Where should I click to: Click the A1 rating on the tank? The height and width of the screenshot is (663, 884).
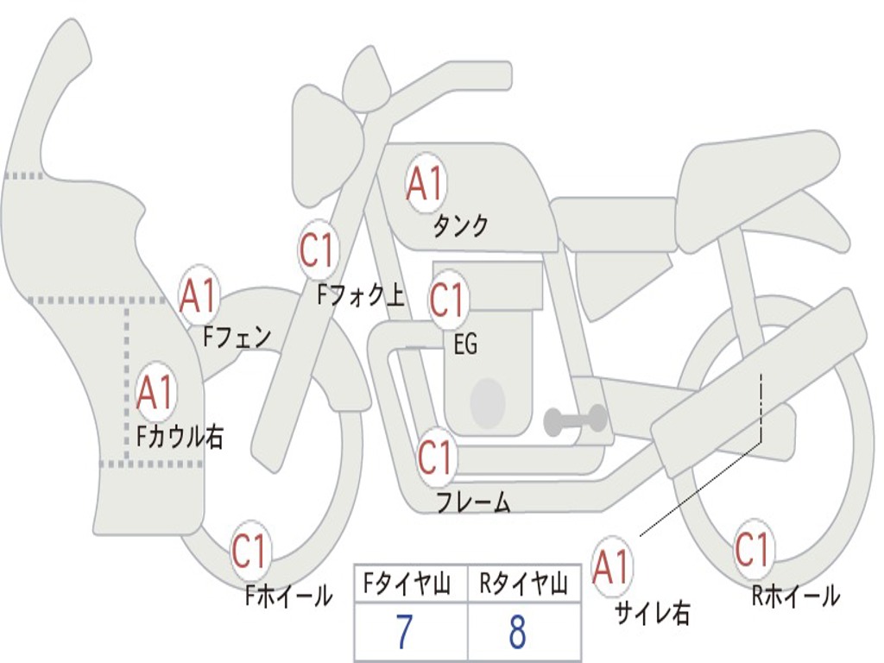click(x=426, y=183)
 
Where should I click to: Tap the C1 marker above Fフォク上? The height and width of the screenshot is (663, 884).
click(x=319, y=249)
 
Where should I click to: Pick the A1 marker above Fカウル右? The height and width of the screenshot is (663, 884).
click(x=156, y=392)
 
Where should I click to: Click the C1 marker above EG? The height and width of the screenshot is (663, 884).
click(x=448, y=300)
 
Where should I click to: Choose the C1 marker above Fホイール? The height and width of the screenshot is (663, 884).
click(x=249, y=549)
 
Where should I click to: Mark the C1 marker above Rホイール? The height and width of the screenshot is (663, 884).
click(x=753, y=548)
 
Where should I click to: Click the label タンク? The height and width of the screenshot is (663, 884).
click(x=460, y=225)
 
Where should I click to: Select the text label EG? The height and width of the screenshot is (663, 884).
click(x=465, y=344)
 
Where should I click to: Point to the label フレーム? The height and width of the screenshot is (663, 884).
click(x=474, y=502)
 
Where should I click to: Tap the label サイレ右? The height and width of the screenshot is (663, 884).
click(x=652, y=613)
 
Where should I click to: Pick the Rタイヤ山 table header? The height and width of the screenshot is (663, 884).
click(x=523, y=584)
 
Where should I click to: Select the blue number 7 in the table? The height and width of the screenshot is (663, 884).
click(x=405, y=632)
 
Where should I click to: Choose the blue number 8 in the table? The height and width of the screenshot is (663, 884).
click(x=518, y=632)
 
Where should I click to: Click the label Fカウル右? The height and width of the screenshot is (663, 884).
click(x=180, y=436)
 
